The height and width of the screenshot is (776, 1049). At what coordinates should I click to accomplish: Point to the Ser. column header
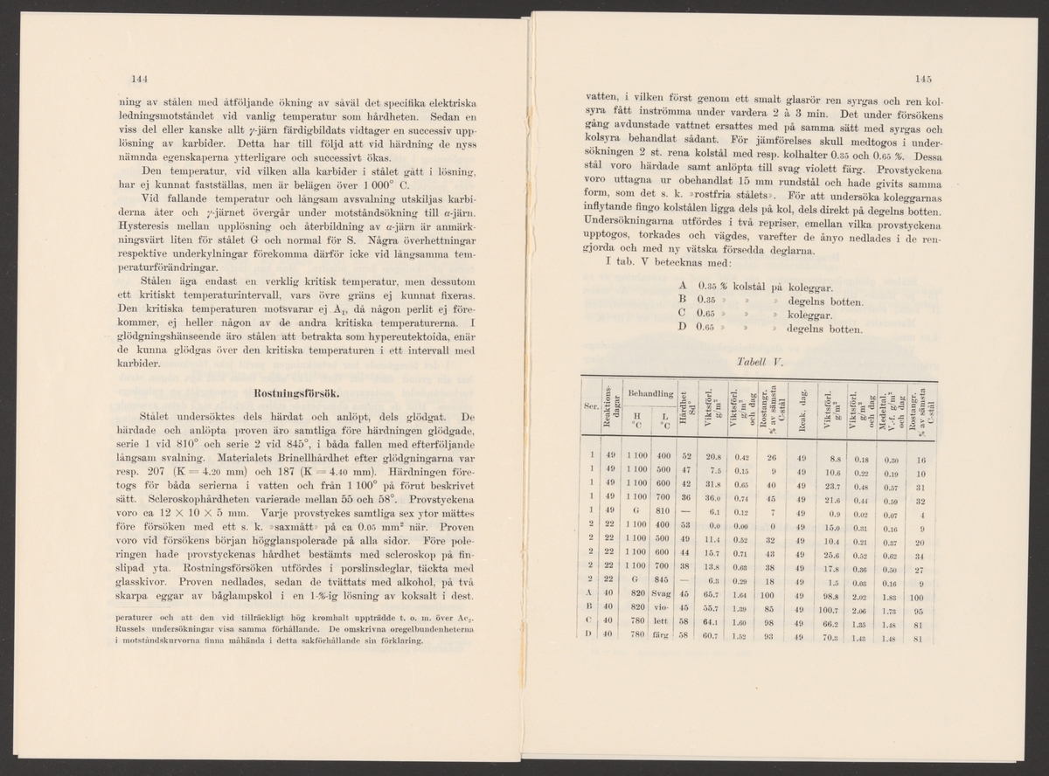(589, 407)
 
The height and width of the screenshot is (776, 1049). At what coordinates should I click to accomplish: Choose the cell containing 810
(662, 512)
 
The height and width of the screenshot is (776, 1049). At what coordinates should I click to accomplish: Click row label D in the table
(591, 638)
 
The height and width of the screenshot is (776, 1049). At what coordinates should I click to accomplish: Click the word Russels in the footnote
(132, 630)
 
